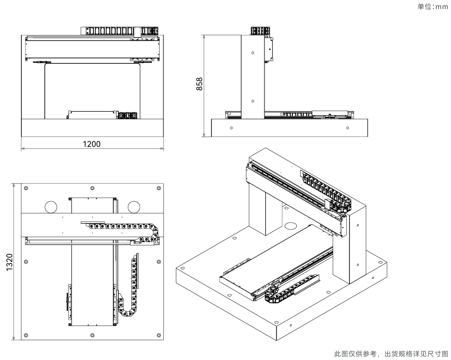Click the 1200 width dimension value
click(x=92, y=144)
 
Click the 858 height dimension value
click(x=199, y=84)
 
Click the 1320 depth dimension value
click(x=10, y=262)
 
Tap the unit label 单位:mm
click(x=432, y=6)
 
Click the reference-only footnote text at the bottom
click(x=391, y=354)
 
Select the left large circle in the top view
click(x=51, y=207)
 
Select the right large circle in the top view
click(x=134, y=207)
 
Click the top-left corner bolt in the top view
click(x=26, y=188)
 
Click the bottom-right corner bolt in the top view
click(x=159, y=335)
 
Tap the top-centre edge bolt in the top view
click(x=92, y=188)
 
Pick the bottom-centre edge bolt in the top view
click(x=92, y=335)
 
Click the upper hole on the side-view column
click(x=253, y=53)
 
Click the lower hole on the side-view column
click(x=253, y=101)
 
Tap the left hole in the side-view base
click(x=232, y=128)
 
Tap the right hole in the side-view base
click(x=348, y=128)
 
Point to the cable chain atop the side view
click(x=260, y=31)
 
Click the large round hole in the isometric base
click(x=291, y=226)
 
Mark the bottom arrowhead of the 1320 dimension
click(x=14, y=338)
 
